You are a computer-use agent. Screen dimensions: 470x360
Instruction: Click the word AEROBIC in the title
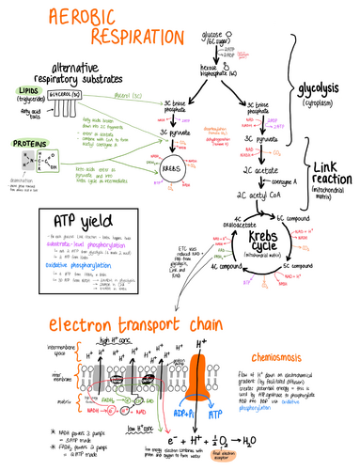(59, 18)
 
